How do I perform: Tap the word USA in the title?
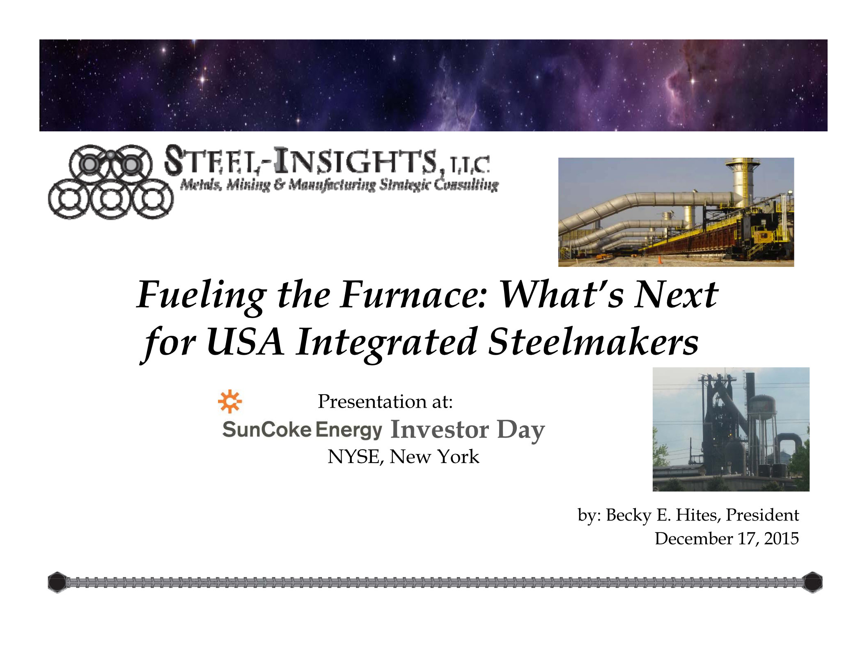coord(245,342)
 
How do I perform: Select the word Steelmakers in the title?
coord(593,342)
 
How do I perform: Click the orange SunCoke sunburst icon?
coord(230,401)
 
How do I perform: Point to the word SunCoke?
coord(267,429)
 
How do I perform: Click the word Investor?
coord(440,429)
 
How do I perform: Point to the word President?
coord(762,515)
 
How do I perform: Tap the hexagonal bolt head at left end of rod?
coord(57,582)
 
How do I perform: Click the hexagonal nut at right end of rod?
coord(812,582)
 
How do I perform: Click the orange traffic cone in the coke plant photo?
coord(659,260)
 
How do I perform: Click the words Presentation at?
coord(385,401)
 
